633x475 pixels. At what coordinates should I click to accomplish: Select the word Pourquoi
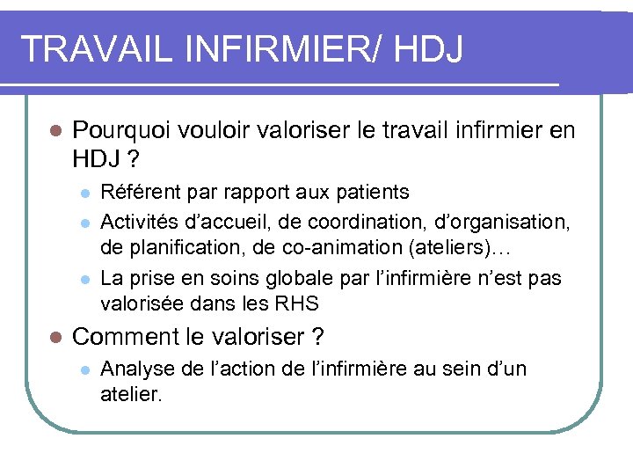[x=120, y=132]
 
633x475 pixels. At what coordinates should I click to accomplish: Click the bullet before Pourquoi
[x=54, y=132]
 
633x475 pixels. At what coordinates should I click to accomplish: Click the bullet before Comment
[x=54, y=337]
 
